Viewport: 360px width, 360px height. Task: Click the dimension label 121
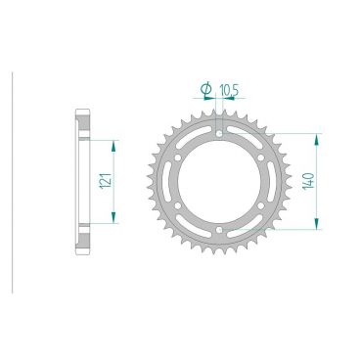(107, 181)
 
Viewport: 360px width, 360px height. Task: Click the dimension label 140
(309, 181)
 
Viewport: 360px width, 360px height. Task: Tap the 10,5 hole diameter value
(230, 90)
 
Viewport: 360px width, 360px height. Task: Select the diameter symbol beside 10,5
(206, 89)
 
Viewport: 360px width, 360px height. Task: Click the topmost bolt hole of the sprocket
(219, 133)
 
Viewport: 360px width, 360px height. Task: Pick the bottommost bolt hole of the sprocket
(219, 230)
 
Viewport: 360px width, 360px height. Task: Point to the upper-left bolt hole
(177, 157)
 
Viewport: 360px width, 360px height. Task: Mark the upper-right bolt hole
(261, 157)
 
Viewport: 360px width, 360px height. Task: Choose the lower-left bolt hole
(177, 205)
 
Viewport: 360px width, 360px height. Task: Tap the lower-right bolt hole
(261, 205)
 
